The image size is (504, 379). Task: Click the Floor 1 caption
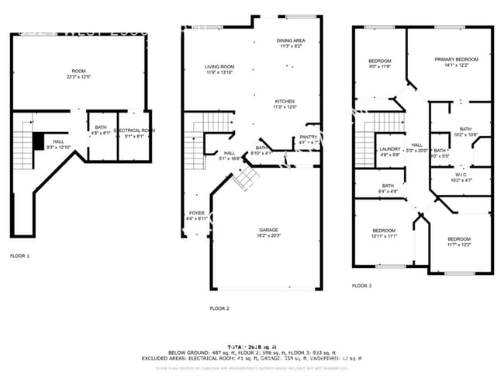pos(19,256)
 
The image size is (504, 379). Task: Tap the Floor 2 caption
pos(219,308)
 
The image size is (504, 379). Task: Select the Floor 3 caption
pos(361,286)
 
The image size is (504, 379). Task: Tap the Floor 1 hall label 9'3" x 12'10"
pos(59,144)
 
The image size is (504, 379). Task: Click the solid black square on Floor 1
pos(38,140)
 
